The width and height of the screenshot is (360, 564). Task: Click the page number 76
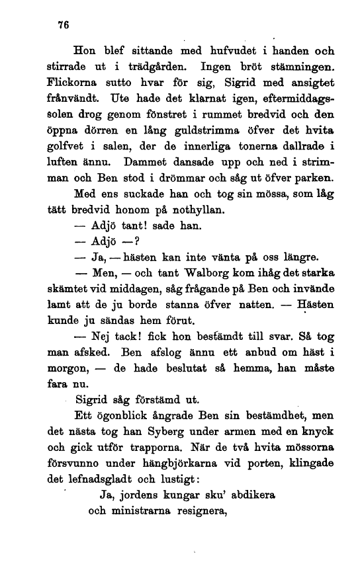point(64,25)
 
